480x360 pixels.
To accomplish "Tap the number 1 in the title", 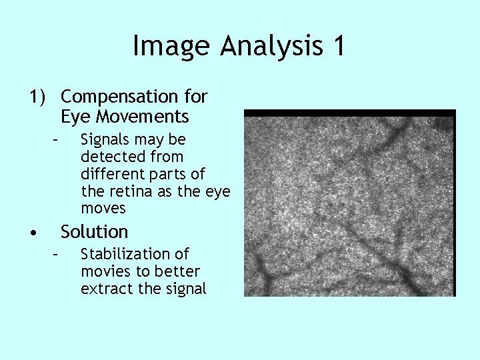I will (x=339, y=46).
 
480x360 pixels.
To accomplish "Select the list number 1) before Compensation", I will (x=37, y=97).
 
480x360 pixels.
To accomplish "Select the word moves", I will (x=103, y=209).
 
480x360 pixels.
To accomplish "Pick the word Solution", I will (x=94, y=232).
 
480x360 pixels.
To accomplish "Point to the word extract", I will (x=103, y=289).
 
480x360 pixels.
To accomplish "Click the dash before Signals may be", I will (x=57, y=140).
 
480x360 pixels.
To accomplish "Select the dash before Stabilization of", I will (x=57, y=254).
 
